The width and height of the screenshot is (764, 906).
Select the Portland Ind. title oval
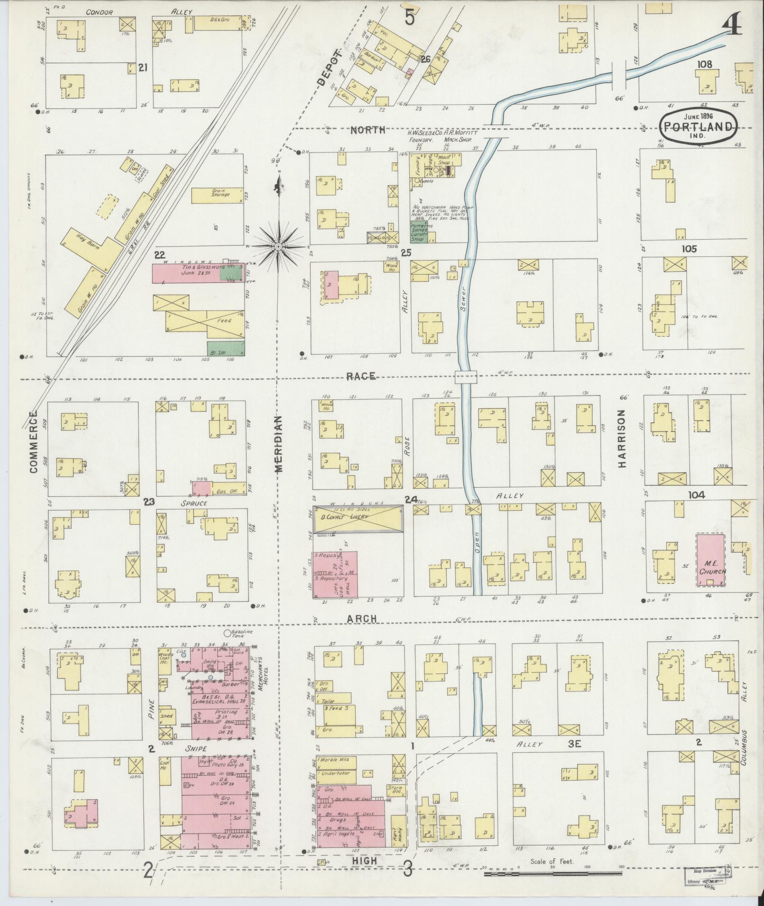(x=699, y=125)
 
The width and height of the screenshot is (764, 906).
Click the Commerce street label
(x=33, y=441)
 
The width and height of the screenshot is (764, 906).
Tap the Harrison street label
(x=622, y=439)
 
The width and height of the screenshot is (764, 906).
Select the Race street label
(x=361, y=376)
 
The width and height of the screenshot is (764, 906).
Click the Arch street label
(x=361, y=619)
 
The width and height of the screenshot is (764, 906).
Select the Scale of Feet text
(x=552, y=861)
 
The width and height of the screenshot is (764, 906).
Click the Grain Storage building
(x=218, y=194)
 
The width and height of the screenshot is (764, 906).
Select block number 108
(x=704, y=64)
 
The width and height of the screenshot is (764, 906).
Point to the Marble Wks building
(x=337, y=762)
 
